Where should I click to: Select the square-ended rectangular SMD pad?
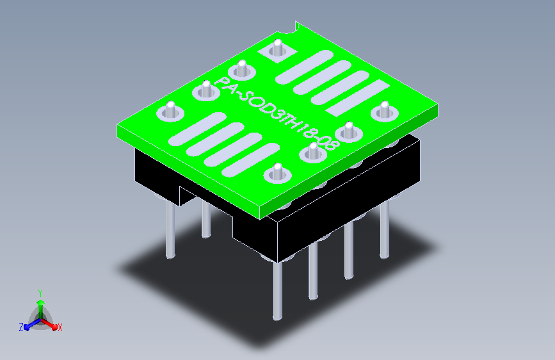(357, 97)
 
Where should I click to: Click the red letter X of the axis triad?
(60, 327)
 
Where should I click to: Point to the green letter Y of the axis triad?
(40, 293)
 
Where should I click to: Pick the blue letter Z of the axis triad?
(21, 327)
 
